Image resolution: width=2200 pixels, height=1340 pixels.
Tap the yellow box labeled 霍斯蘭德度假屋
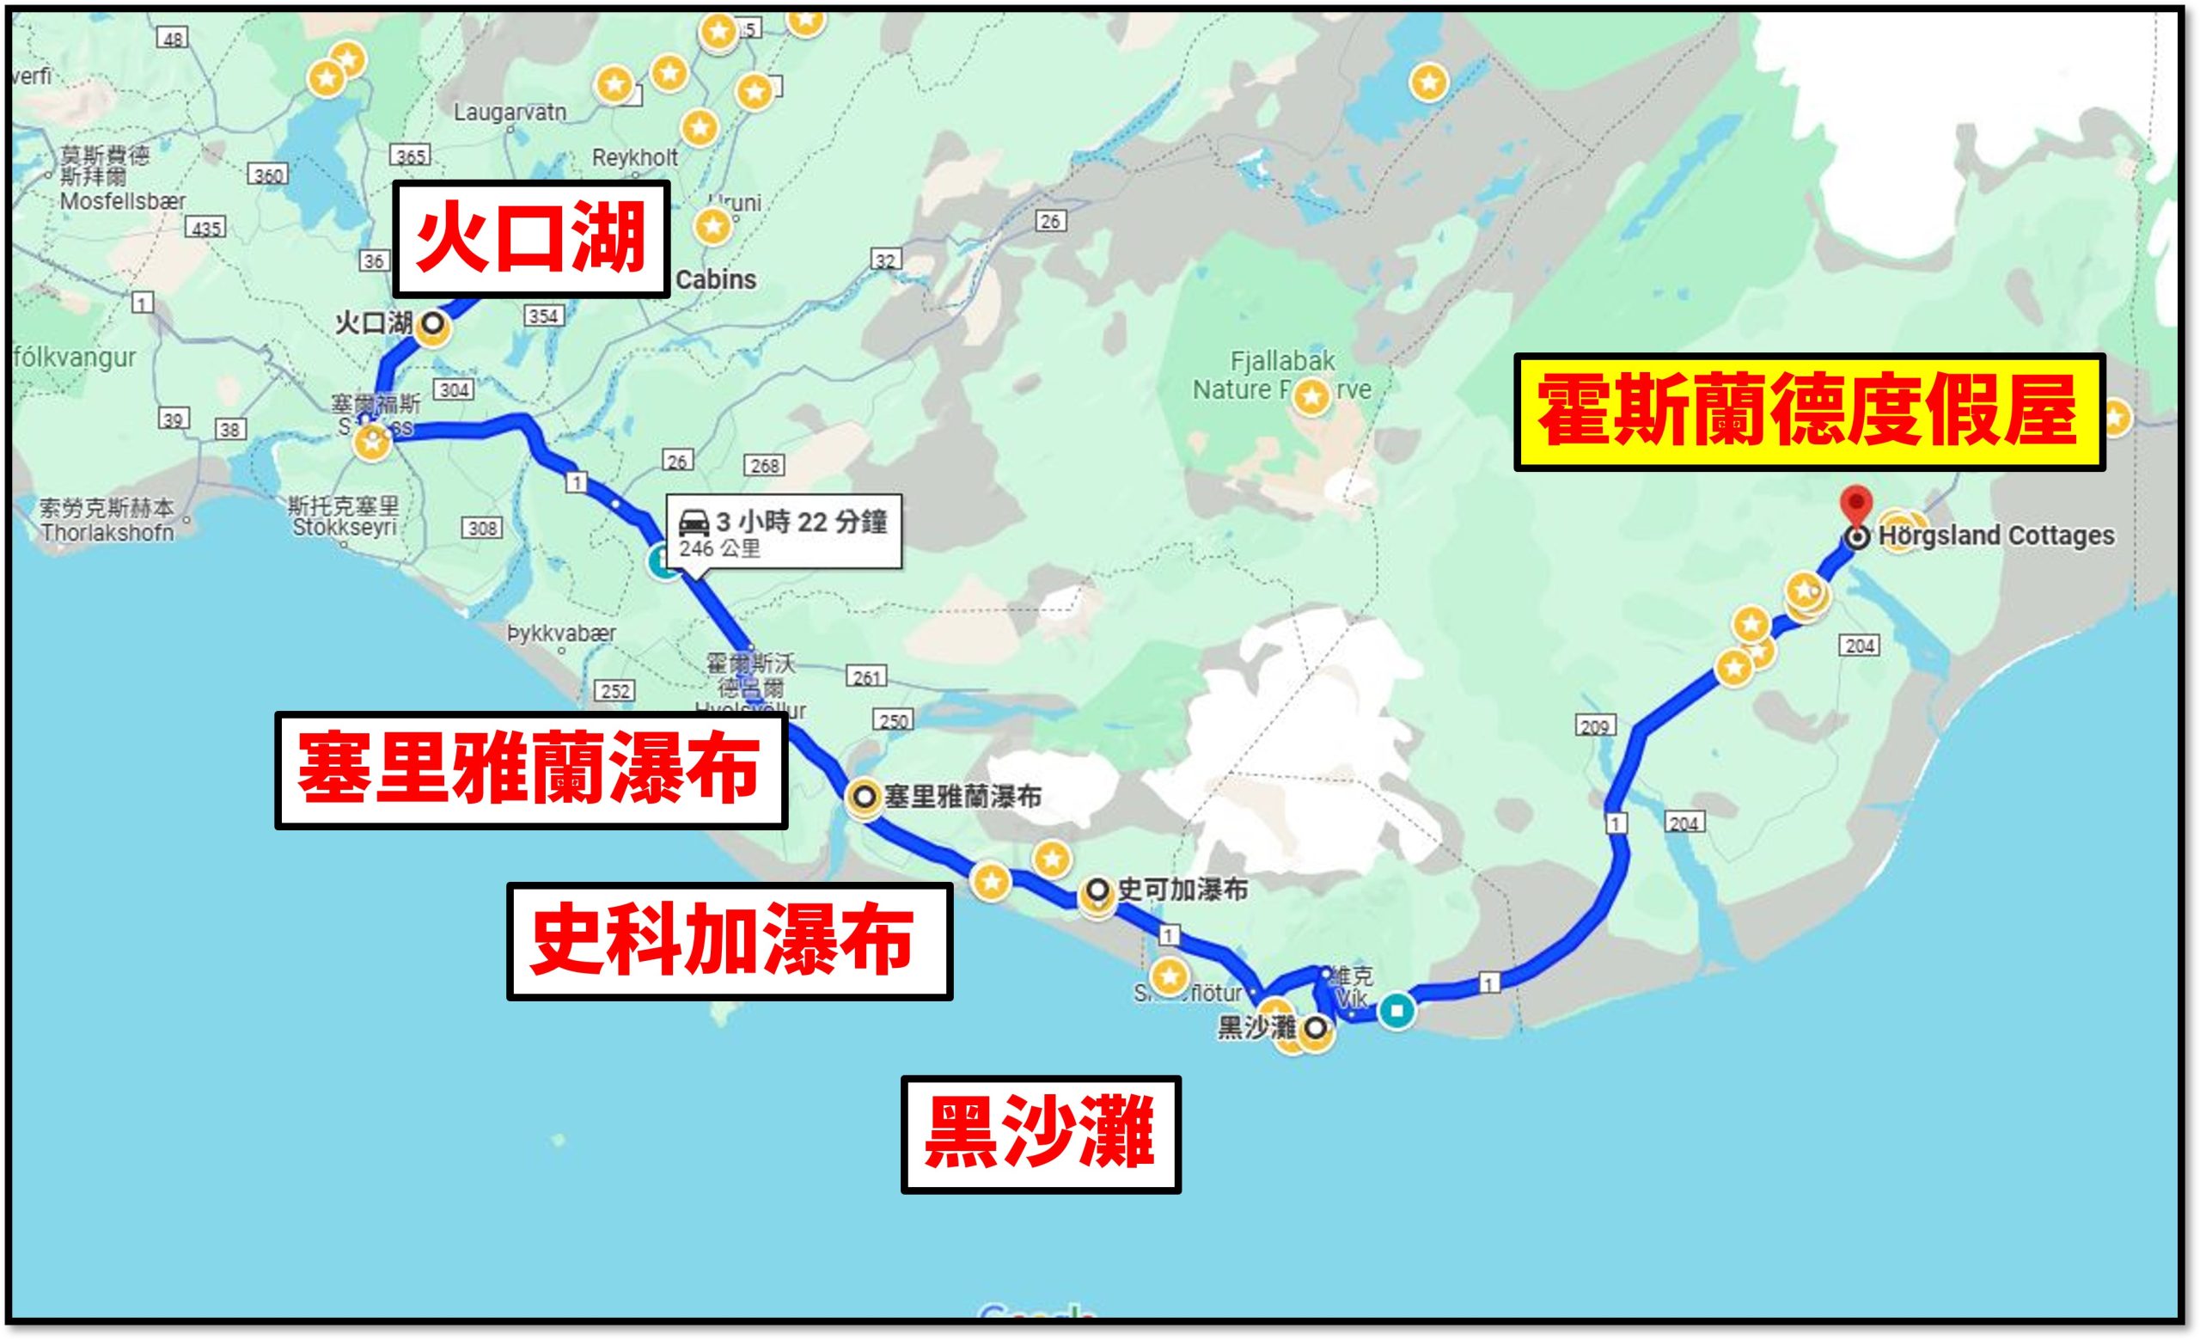1809,412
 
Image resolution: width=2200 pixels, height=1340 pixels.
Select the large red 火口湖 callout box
531,238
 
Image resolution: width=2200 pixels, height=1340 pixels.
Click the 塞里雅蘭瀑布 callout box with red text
530,769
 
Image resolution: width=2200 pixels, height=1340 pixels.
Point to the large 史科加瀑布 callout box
729,941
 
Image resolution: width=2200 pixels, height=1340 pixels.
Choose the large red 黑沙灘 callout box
1040,1134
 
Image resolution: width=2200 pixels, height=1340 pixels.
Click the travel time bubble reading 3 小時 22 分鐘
785,532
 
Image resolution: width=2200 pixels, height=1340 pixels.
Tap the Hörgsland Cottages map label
1995,535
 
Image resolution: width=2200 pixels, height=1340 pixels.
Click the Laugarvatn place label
510,113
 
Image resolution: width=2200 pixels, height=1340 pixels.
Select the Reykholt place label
635,158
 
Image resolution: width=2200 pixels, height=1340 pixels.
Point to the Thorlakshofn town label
107,533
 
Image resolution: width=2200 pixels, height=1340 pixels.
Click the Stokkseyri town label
344,528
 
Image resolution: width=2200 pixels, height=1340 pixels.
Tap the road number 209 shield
1595,725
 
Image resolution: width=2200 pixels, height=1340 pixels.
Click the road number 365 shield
411,156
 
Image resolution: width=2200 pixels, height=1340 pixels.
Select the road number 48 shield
173,38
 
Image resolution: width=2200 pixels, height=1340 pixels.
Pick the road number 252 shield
615,690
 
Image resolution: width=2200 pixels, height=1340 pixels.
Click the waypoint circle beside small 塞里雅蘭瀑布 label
864,796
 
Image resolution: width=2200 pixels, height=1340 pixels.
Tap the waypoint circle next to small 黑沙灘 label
1315,1031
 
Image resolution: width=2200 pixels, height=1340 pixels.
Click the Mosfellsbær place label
122,202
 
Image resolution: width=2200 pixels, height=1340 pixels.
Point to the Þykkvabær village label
562,633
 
